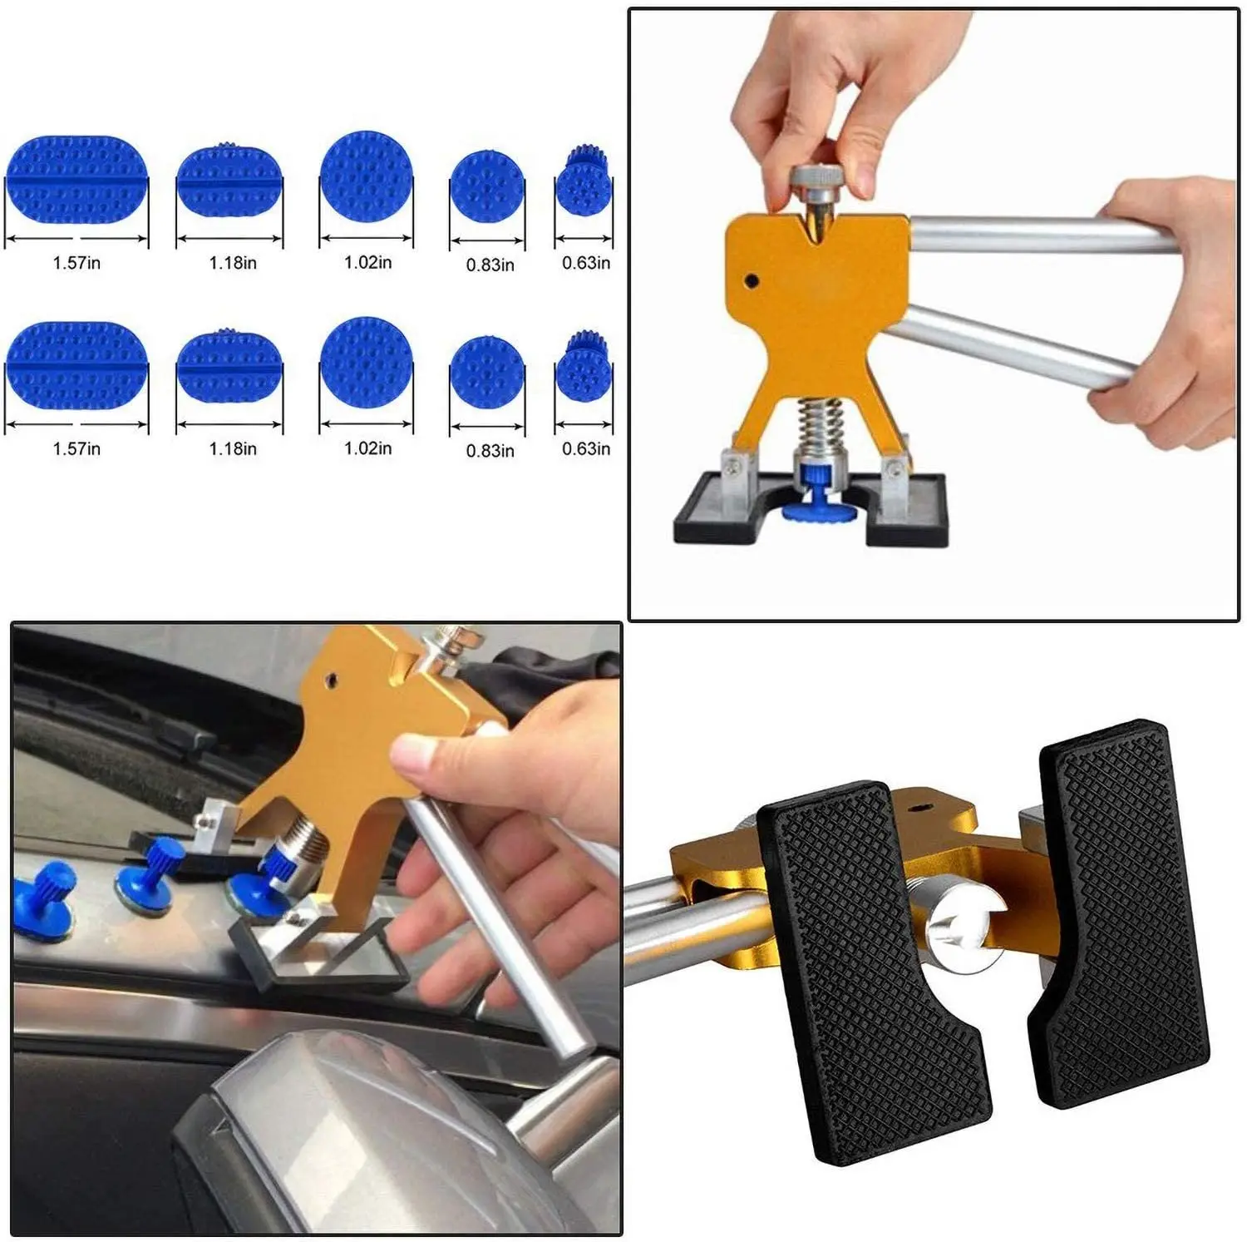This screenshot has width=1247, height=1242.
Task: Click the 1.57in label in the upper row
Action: point(76,263)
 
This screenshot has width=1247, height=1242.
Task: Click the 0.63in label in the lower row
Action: point(586,449)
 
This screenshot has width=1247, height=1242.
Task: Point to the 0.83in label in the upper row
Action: point(490,265)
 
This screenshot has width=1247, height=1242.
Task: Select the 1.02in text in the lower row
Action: point(367,448)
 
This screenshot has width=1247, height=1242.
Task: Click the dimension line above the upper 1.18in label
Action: point(229,241)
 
